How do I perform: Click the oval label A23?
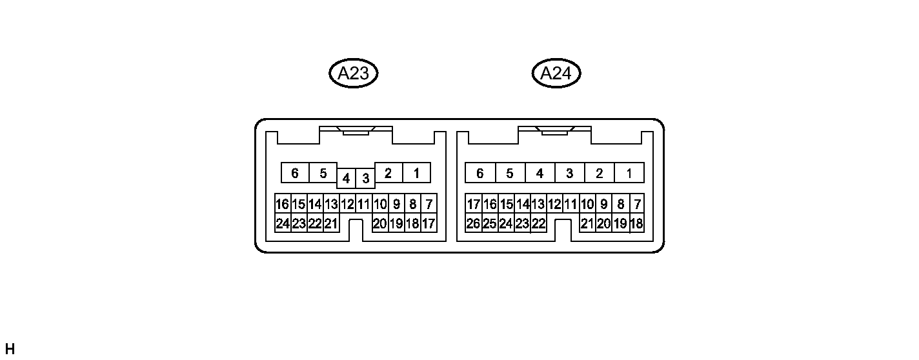point(353,74)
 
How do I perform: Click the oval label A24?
point(556,74)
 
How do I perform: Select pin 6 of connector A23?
point(295,173)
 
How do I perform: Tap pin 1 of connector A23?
point(416,173)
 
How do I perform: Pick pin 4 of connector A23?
point(347,178)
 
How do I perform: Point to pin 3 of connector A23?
point(365,178)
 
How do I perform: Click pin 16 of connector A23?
point(282,205)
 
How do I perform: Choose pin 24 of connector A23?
point(282,224)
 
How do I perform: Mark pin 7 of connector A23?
point(429,205)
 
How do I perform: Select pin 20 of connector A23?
point(380,224)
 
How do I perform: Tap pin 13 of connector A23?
point(331,205)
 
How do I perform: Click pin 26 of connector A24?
point(473,224)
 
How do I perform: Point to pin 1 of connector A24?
point(629,173)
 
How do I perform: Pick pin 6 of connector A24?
point(480,173)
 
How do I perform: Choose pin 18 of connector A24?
point(636,224)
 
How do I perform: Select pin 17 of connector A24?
point(473,205)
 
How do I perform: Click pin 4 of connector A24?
point(540,173)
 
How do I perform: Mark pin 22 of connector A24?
point(538,224)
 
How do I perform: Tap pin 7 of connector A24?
point(637,205)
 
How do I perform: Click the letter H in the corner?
point(9,349)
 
